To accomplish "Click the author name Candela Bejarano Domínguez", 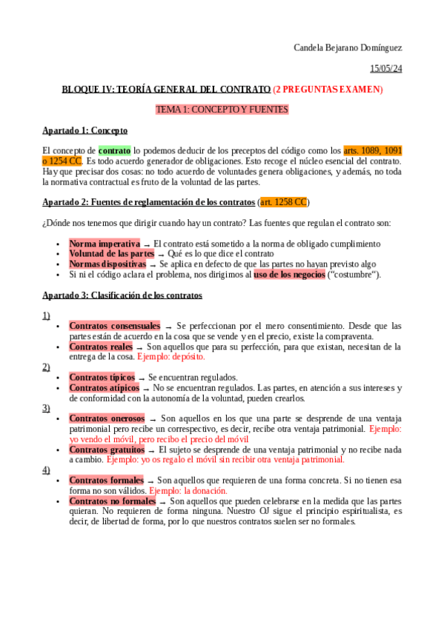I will pos(348,48).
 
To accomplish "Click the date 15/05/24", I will pos(386,69).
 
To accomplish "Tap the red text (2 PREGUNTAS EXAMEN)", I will pos(328,90).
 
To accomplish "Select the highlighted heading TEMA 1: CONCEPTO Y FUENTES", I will pos(222,110).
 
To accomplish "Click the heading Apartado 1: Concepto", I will pos(85,130).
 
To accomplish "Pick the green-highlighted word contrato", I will pos(114,150).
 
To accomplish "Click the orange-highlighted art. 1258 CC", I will pos(282,202).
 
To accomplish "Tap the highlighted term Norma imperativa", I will pos(105,244).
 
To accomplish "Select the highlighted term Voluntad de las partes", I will pos(112,254).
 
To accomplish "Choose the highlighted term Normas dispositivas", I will pos(107,264).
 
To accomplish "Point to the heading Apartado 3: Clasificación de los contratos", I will pos(122,295).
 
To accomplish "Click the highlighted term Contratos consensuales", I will pos(114,326).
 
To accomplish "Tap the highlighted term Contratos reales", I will pos(101,347).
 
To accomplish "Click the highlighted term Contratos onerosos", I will pos(107,418).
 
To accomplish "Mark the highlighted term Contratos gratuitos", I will pos(107,450).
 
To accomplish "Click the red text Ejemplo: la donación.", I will pos(188,491).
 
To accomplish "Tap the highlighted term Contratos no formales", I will pos(112,501).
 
